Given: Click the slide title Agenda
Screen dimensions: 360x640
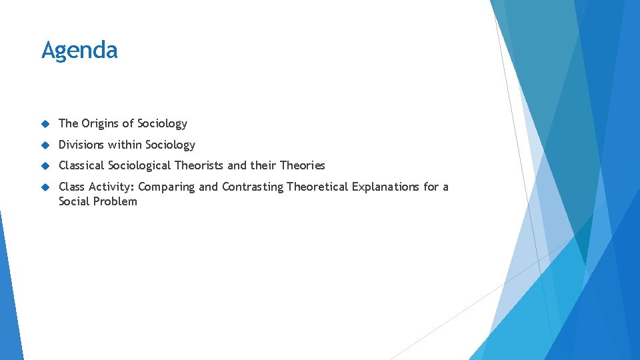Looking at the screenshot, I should (79, 51).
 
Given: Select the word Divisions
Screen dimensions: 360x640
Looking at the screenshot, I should (81, 145).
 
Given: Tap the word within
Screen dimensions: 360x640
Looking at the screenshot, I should (124, 145).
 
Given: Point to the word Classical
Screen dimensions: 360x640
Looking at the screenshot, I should (82, 165).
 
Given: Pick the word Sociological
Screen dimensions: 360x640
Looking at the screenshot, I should (140, 165).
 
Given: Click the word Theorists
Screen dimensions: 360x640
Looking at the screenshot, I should (199, 165).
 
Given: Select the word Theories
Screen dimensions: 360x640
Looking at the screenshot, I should (302, 165).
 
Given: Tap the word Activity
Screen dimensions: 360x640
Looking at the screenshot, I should (111, 187).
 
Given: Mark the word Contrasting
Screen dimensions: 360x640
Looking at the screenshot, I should (253, 187).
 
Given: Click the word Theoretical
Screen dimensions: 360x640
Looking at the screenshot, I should (317, 187).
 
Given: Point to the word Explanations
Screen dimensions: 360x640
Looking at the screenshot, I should (385, 187).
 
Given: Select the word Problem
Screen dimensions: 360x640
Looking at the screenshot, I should (116, 201).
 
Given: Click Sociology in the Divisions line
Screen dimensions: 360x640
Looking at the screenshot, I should (170, 145).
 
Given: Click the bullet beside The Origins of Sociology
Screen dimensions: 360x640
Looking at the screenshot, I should (45, 124).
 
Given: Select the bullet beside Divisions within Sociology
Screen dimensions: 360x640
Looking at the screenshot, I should (45, 145).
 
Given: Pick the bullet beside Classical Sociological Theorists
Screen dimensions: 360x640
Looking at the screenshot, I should (45, 165).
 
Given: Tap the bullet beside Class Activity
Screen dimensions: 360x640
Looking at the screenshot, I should (45, 187).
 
